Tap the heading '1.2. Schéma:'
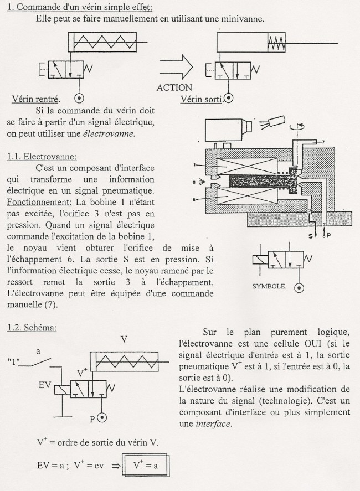pos(34,327)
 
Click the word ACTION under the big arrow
pos(174,87)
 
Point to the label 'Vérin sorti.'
pos(201,100)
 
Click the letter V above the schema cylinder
pos(124,339)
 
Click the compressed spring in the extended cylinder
pos(276,42)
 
